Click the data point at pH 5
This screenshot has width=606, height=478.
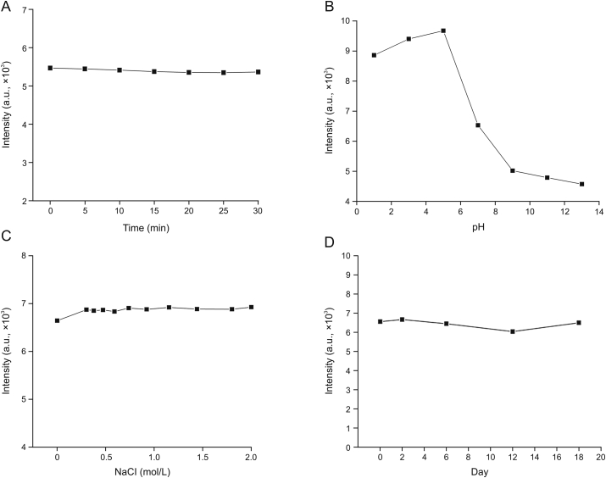pyautogui.click(x=443, y=31)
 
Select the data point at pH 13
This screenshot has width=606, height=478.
pyautogui.click(x=581, y=184)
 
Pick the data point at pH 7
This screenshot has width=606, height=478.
pyautogui.click(x=478, y=125)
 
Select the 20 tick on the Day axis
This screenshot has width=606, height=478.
pyautogui.click(x=600, y=457)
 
